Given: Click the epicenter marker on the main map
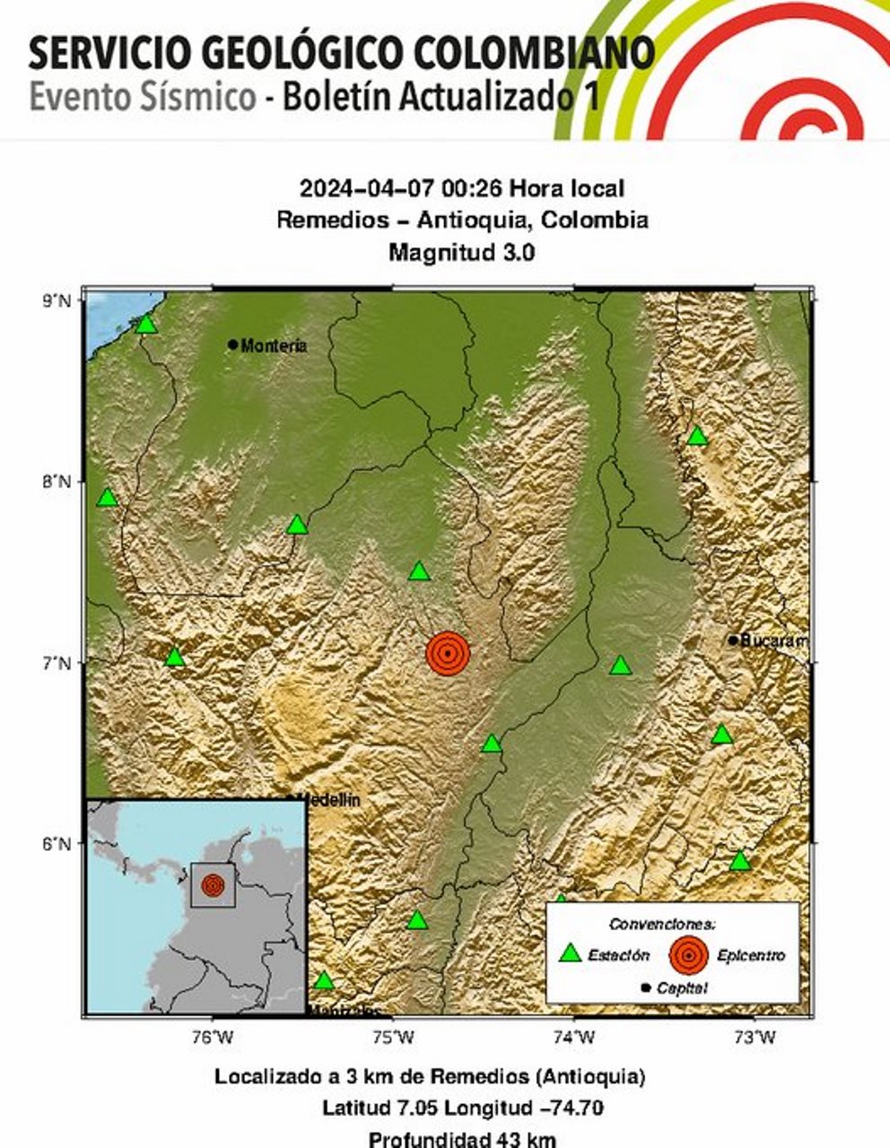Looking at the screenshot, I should [x=448, y=653].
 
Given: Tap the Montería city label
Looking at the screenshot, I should [x=274, y=345].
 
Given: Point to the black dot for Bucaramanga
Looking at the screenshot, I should [x=733, y=640].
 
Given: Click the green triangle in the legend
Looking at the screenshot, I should [x=570, y=953].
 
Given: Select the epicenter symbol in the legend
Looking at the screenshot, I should [x=688, y=955].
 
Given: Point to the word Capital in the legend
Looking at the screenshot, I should [x=682, y=988].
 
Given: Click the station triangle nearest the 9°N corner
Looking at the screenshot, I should [x=146, y=324].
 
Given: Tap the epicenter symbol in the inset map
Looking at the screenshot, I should [x=213, y=885].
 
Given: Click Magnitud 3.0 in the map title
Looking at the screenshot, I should [x=461, y=252].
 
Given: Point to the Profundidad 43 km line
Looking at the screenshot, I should [x=462, y=1140].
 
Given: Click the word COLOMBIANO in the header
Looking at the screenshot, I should [x=535, y=54].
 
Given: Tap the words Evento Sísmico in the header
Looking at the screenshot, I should [x=143, y=97].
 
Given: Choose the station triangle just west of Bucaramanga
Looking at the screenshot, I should [x=620, y=665].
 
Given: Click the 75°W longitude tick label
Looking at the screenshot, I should [x=394, y=1038].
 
